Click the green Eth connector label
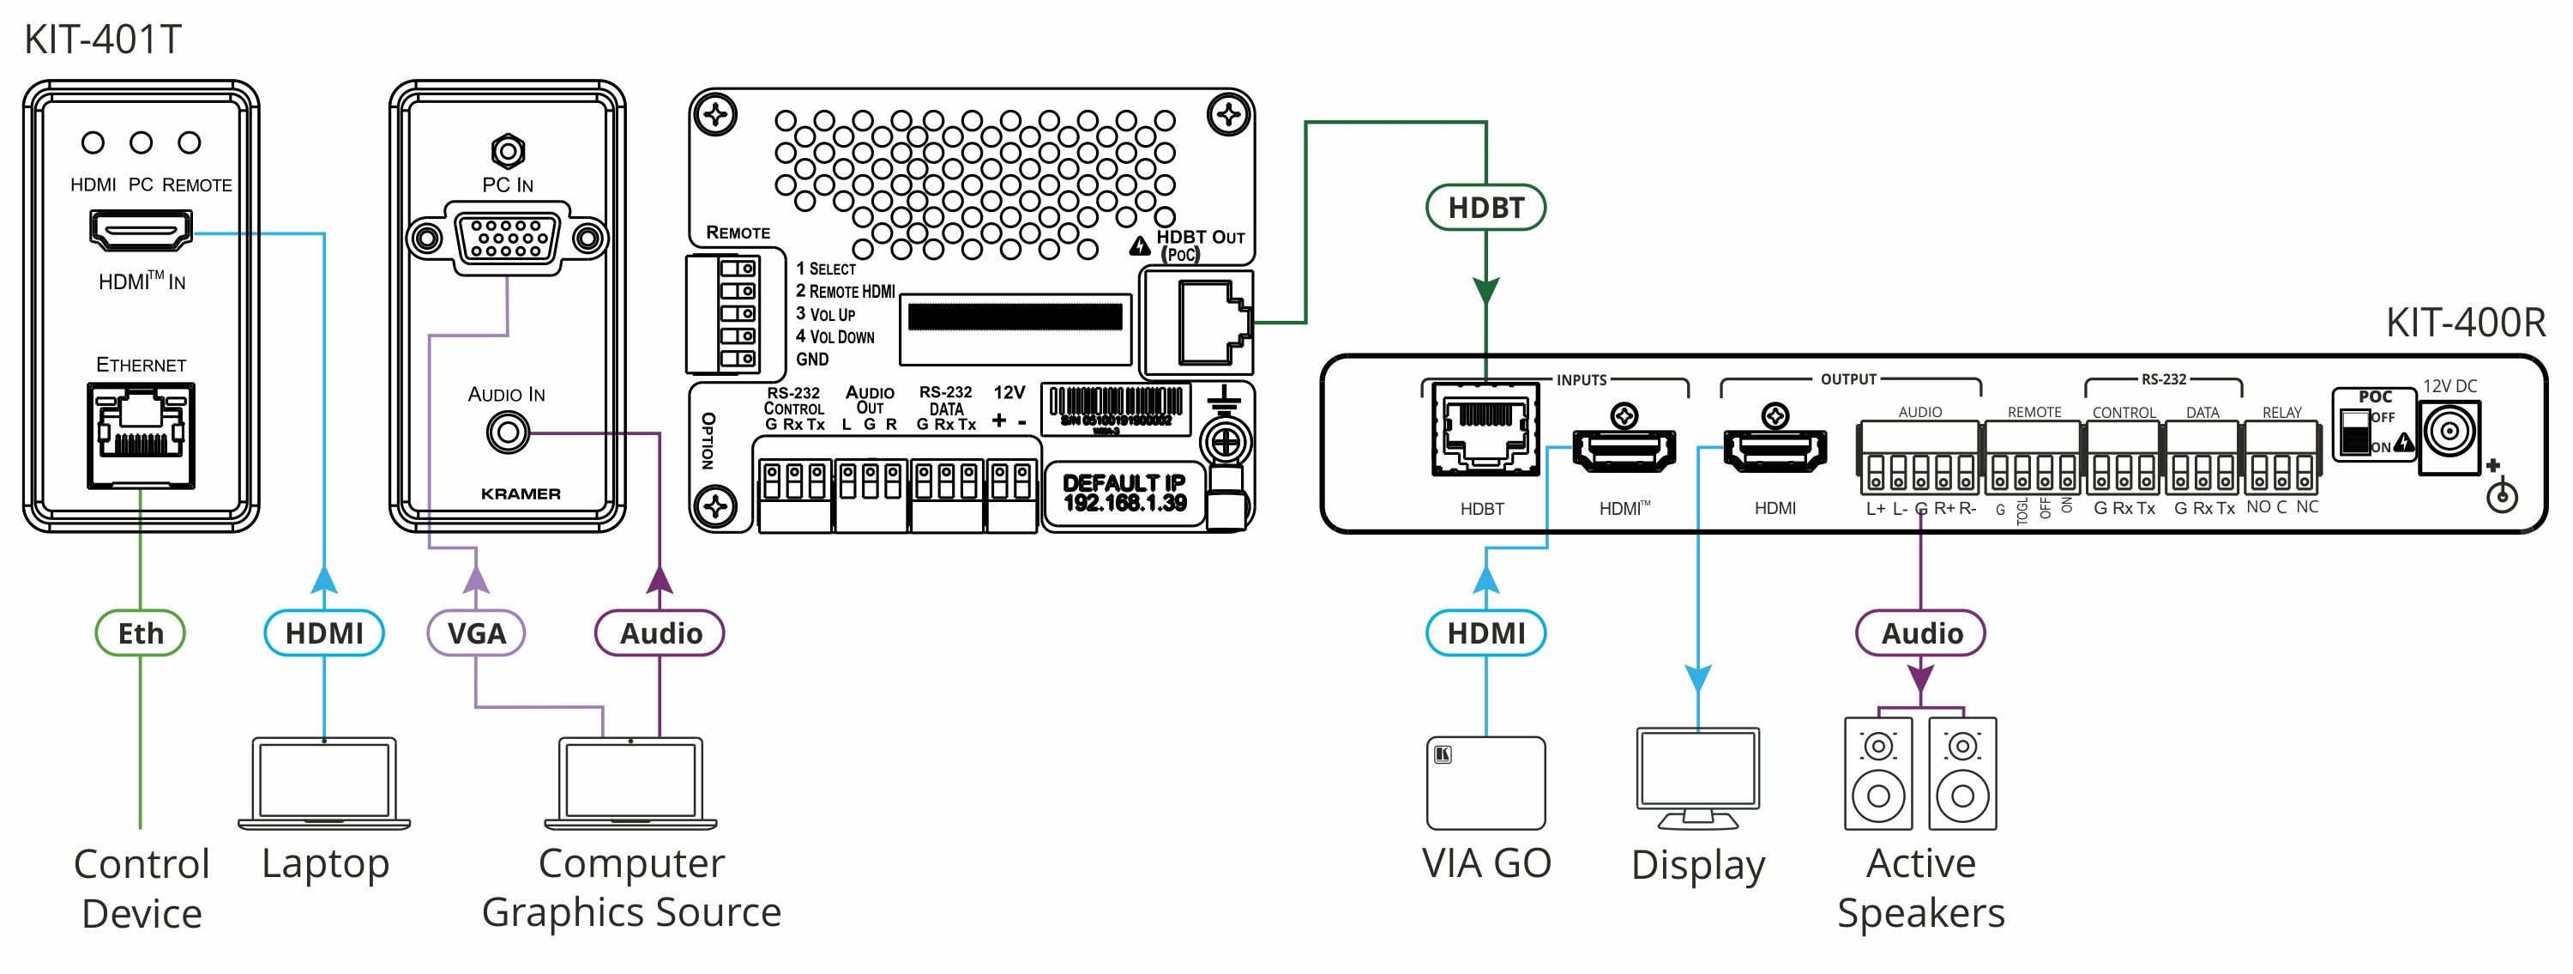pyautogui.click(x=140, y=633)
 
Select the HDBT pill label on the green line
pyautogui.click(x=1485, y=208)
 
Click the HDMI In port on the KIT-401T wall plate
pyautogui.click(x=141, y=231)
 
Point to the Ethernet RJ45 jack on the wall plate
pyautogui.click(x=141, y=436)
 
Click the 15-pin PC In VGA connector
pyautogui.click(x=508, y=239)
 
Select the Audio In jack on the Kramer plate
pyautogui.click(x=508, y=433)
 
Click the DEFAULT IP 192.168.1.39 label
pyautogui.click(x=1124, y=493)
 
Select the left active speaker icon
pyautogui.click(x=1877, y=773)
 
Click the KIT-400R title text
pyautogui.click(x=2464, y=323)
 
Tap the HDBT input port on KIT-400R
pyautogui.click(x=1485, y=430)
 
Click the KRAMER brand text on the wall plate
pyautogui.click(x=521, y=493)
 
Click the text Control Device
pyautogui.click(x=142, y=888)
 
